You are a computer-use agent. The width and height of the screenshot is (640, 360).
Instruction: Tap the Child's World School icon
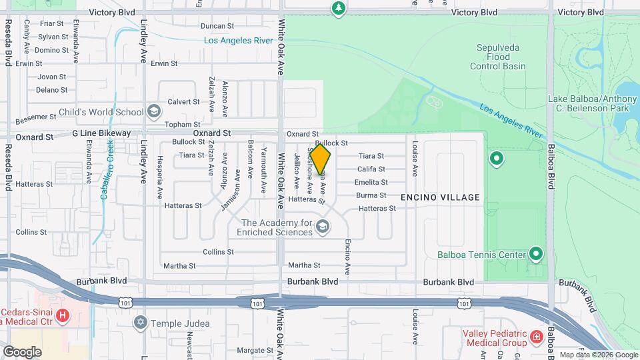click(154, 111)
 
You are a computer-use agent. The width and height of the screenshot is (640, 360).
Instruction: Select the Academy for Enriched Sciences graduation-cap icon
click(323, 227)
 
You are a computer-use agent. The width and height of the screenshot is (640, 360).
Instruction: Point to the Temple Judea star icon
click(140, 323)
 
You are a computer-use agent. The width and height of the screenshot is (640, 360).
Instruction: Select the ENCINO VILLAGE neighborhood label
click(440, 197)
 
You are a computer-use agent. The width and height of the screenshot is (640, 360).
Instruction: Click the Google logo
click(22, 351)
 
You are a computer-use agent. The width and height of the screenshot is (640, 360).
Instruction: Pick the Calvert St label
click(183, 102)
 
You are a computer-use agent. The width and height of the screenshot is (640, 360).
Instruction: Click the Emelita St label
click(371, 181)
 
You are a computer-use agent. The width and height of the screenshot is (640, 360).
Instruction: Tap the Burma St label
click(371, 195)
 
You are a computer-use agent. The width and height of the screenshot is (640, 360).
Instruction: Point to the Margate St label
click(251, 349)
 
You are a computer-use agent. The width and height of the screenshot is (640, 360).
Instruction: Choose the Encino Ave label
click(347, 257)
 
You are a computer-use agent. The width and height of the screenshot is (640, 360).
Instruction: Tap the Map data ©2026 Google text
click(598, 355)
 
